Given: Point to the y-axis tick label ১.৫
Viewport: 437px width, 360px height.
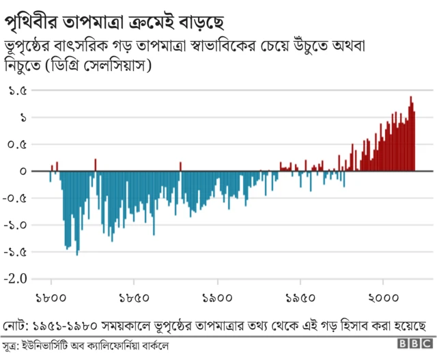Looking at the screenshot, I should (x=18, y=91).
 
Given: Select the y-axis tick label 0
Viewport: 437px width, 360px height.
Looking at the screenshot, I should (x=23, y=171).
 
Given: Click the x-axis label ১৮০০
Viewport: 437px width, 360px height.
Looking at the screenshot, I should (x=51, y=298).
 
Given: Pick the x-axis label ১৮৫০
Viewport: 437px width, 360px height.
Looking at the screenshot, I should (x=134, y=298).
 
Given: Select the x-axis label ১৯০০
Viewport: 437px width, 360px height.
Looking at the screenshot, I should (x=217, y=298).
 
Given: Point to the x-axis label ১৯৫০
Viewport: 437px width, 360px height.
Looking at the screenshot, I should (x=300, y=298).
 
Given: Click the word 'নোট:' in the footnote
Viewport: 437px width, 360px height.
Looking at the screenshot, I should (x=16, y=324).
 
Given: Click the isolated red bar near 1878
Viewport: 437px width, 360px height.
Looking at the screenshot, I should (x=180, y=167).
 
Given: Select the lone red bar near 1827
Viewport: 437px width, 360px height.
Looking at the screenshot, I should (x=95, y=165).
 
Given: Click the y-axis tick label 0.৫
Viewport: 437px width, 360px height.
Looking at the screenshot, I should (x=18, y=145).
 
